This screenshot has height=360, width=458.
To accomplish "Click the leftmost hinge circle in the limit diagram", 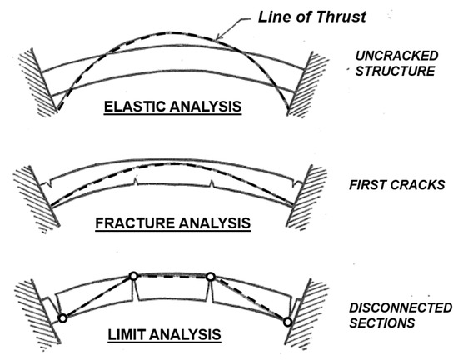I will (62, 317).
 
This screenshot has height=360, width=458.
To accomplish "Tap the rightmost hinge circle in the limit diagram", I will (287, 322).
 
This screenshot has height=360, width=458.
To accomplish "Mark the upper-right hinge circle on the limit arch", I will (211, 276).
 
